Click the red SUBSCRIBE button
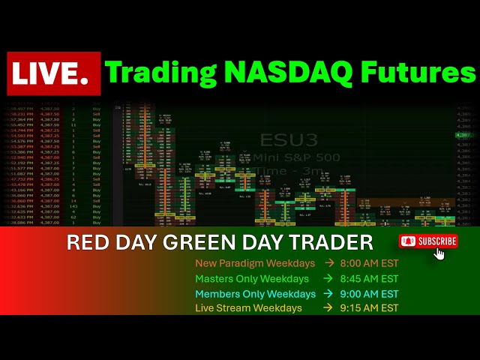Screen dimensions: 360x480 pos(428,241)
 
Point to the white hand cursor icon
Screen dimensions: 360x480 pos(439,253)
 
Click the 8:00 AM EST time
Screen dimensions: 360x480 pos(370,263)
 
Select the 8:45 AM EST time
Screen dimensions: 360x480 pos(370,278)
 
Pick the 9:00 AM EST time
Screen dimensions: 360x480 pos(370,293)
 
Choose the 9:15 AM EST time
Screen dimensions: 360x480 pos(370,308)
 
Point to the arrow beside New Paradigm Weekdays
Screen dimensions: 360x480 pos(329,263)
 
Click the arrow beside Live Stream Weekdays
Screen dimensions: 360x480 pos(329,308)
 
